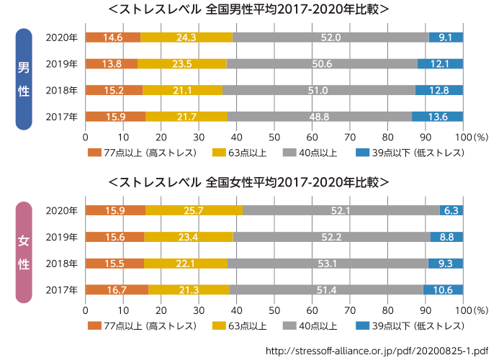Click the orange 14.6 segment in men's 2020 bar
[x=112, y=37]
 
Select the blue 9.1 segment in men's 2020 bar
[x=446, y=37]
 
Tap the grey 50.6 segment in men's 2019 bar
[x=323, y=64]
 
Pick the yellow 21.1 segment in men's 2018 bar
[x=182, y=90]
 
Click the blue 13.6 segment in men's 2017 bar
[x=437, y=117]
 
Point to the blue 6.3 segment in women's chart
[x=451, y=210]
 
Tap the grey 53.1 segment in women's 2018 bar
[x=328, y=264]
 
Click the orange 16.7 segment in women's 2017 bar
[x=117, y=289]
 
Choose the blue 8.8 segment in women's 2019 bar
[x=446, y=237]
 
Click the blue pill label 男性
[x=24, y=79]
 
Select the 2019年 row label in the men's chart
[x=60, y=64]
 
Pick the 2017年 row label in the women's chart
[x=60, y=289]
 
